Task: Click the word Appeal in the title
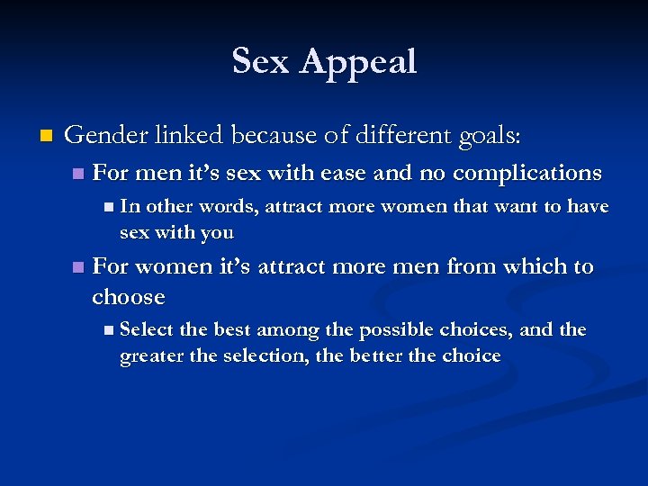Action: tap(358, 63)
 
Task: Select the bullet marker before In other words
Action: tap(108, 207)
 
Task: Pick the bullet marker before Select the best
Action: tap(108, 330)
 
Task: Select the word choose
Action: tap(129, 297)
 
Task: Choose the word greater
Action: tap(147, 356)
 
